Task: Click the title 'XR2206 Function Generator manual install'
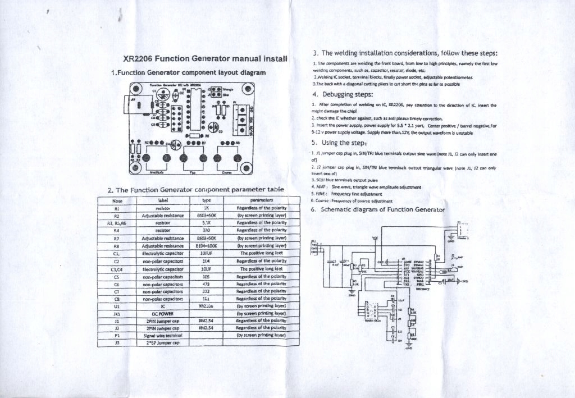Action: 205,58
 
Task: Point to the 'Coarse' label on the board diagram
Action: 226,172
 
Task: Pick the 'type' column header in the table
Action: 206,200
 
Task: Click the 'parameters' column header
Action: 262,200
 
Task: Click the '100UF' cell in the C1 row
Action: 206,253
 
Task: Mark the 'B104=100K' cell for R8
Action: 206,245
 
